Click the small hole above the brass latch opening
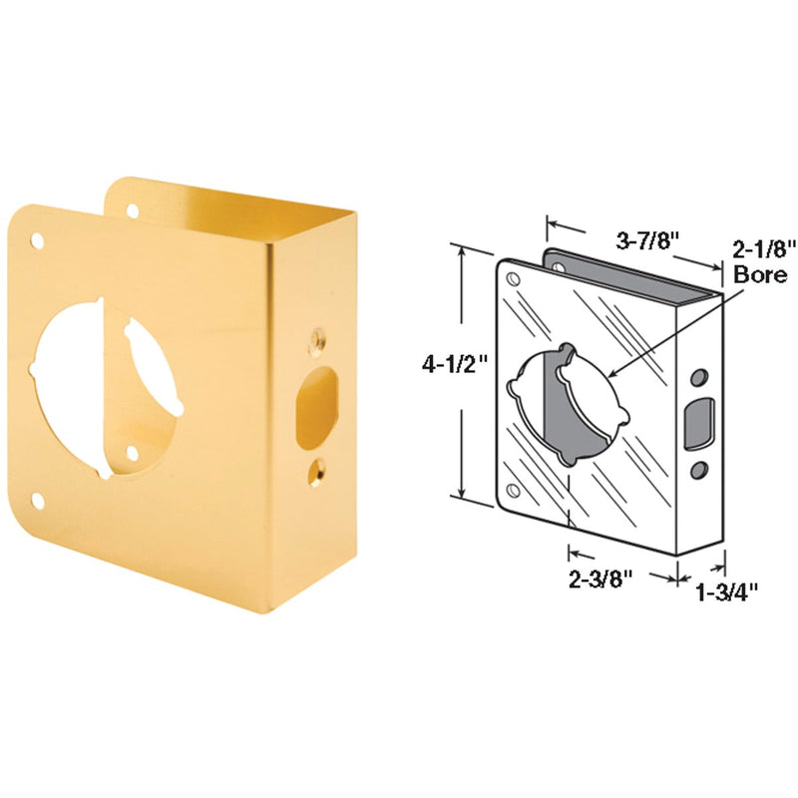tap(318, 339)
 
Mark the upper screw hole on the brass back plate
tap(131, 209)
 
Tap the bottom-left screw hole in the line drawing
tap(513, 489)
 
